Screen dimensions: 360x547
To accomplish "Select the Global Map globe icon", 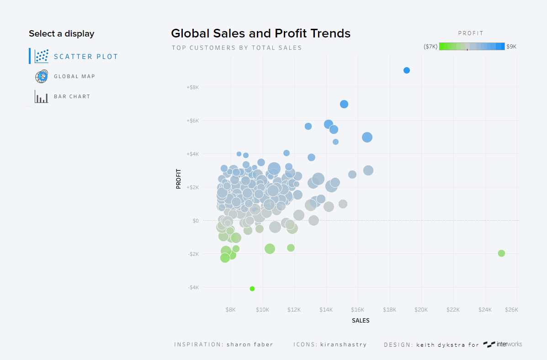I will coord(42,76).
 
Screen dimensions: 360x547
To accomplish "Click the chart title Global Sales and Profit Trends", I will coord(260,33).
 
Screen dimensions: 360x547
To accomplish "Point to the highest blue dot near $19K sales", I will coord(407,70).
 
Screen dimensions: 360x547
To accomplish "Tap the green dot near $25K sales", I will coord(501,253).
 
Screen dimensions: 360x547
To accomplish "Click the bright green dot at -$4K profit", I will coord(252,289).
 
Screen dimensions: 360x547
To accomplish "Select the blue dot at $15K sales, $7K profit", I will coord(344,104).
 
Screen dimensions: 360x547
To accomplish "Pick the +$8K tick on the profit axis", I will coord(192,87).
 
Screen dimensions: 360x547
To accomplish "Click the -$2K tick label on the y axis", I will coord(193,254).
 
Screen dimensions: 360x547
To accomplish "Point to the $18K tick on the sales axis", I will coord(389,310).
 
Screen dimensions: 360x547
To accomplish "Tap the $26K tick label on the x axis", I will coord(511,310).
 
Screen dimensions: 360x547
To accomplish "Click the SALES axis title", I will coord(361,321).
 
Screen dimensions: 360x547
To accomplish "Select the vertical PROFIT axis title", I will coord(179,179).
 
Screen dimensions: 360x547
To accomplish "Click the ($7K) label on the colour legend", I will coord(430,47).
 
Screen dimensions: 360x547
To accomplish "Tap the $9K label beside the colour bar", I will coord(511,47).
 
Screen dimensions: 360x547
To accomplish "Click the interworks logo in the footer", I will coord(503,344).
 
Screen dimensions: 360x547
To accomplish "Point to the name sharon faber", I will coord(250,344).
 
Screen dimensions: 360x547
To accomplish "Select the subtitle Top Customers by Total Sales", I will coord(237,48).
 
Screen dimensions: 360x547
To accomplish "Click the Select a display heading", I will coord(61,34).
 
